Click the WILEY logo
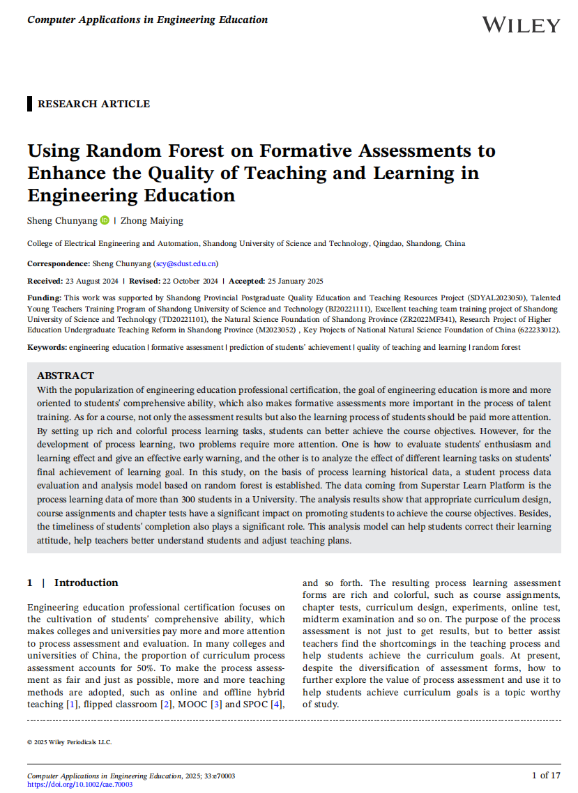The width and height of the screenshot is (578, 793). pyautogui.click(x=521, y=25)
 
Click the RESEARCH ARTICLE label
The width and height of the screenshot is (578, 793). pyautogui.click(x=93, y=104)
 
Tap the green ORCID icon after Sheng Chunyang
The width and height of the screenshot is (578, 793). pyautogui.click(x=105, y=220)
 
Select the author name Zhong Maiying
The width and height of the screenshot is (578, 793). pyautogui.click(x=152, y=220)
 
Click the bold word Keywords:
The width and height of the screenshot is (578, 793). pyautogui.click(x=47, y=347)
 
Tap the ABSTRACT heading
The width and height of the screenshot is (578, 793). pyautogui.click(x=66, y=376)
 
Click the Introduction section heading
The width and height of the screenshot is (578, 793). pyautogui.click(x=86, y=583)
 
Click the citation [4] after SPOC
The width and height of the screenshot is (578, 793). pyautogui.click(x=277, y=705)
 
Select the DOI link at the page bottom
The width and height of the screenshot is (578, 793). pyautogui.click(x=79, y=784)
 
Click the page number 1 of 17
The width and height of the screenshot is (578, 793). pyautogui.click(x=546, y=775)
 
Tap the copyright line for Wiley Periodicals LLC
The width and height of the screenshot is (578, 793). pyautogui.click(x=69, y=742)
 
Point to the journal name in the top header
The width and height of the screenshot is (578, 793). pyautogui.click(x=147, y=20)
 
